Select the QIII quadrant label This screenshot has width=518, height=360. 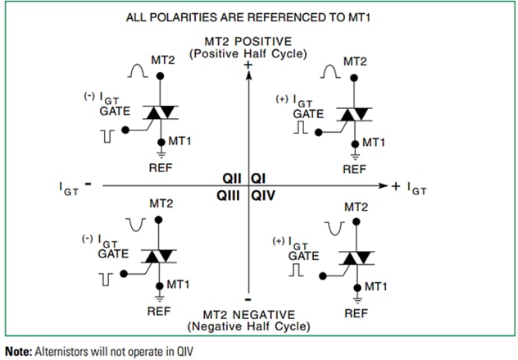(230, 195)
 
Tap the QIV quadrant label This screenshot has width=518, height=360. (261, 195)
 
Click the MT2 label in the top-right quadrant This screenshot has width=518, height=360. (354, 61)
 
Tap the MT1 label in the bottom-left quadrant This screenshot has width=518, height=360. (179, 284)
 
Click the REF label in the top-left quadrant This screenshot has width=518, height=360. (159, 169)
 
